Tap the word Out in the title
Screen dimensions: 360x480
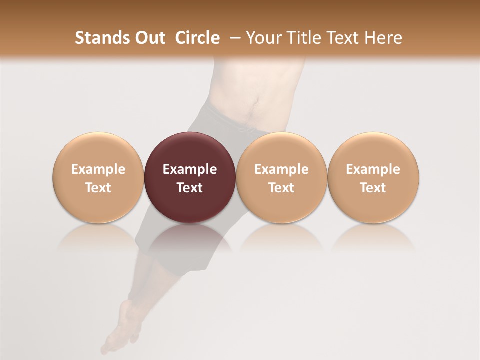(x=149, y=38)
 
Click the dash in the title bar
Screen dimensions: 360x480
(x=234, y=38)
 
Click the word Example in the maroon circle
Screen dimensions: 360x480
(x=190, y=169)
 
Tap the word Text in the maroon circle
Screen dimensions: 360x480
(x=190, y=188)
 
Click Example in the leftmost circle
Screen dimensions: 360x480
(x=98, y=169)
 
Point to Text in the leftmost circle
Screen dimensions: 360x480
(x=98, y=188)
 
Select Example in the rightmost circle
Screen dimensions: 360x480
(x=373, y=169)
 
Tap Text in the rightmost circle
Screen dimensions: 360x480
(x=373, y=188)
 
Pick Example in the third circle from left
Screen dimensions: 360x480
(x=281, y=169)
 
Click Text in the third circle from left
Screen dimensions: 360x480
(x=281, y=188)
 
